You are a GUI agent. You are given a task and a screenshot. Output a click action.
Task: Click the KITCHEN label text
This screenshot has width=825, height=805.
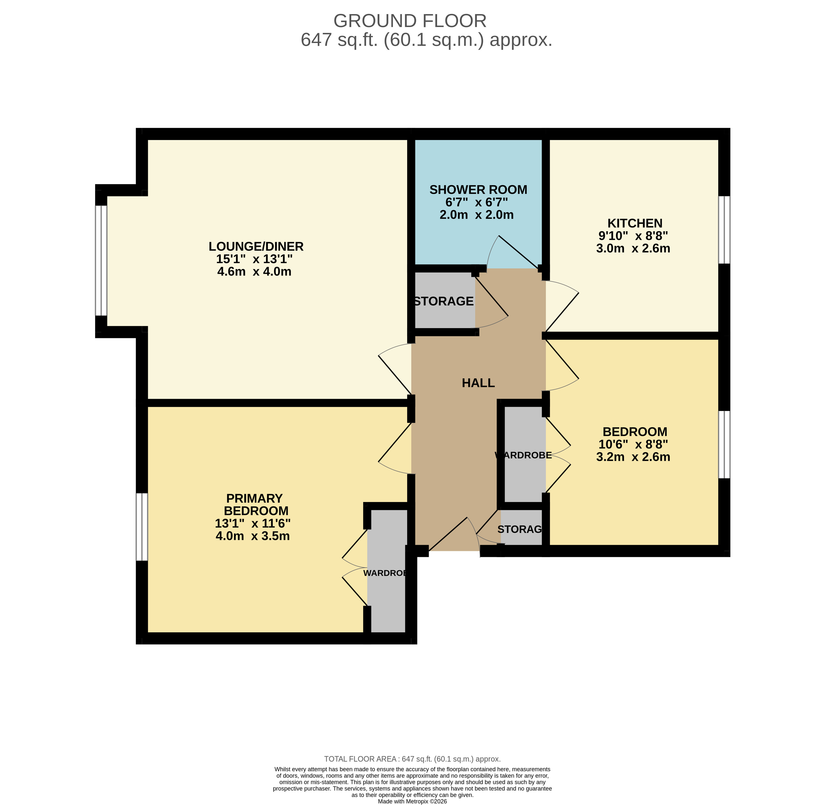pos(635,223)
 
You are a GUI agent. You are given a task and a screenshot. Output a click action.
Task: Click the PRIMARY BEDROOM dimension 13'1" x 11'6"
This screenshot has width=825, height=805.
pos(253,523)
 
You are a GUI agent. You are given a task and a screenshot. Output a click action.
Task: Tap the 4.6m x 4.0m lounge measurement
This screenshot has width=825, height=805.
pos(254,271)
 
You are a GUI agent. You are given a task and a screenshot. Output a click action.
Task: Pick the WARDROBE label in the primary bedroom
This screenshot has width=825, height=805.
pos(385,573)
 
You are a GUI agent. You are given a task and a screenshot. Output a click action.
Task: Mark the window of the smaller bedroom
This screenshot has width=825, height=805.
pos(724,444)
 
